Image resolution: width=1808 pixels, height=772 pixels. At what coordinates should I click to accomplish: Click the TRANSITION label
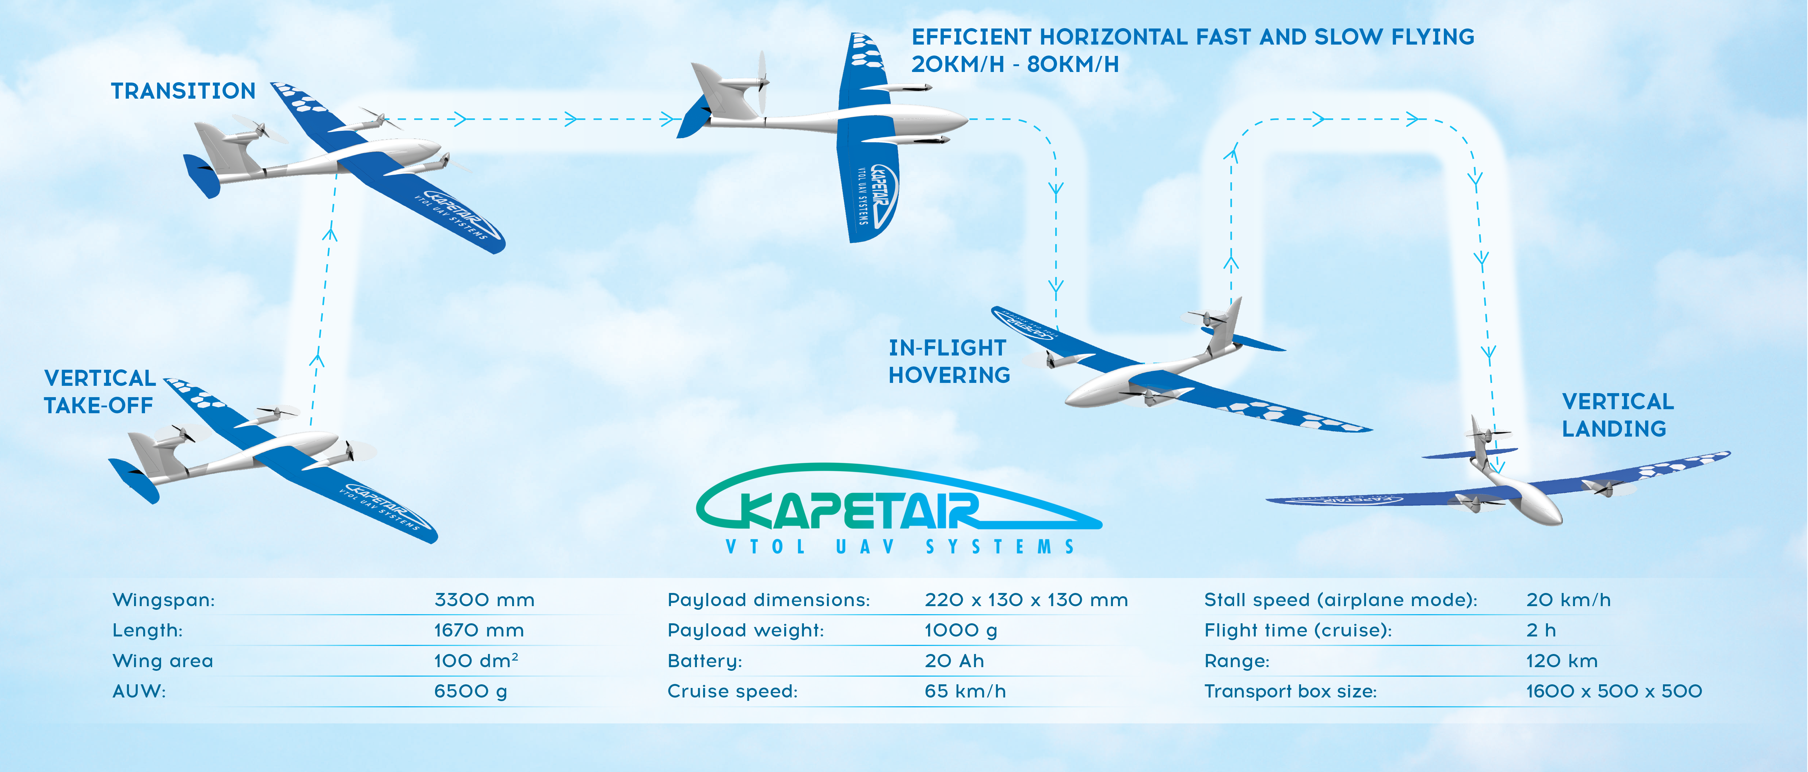pyautogui.click(x=183, y=91)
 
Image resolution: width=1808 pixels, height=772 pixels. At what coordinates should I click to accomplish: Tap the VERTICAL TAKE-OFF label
pyautogui.click(x=100, y=392)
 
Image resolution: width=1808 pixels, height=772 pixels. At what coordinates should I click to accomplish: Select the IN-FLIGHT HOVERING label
pyautogui.click(x=949, y=361)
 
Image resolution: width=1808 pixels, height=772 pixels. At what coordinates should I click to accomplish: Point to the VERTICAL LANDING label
pyautogui.click(x=1618, y=415)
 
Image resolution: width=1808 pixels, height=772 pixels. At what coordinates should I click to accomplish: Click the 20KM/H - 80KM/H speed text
pyautogui.click(x=1015, y=65)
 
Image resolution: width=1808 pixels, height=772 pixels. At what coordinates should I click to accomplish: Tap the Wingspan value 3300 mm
pyautogui.click(x=484, y=600)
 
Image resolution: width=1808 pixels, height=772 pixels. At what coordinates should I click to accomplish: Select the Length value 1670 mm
pyautogui.click(x=479, y=630)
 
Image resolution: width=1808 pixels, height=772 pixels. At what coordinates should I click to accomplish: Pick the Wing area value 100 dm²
pyautogui.click(x=476, y=661)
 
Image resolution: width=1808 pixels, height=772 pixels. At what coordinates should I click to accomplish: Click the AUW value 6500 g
pyautogui.click(x=470, y=691)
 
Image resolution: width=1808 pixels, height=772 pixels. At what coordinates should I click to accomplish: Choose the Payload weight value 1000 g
pyautogui.click(x=961, y=630)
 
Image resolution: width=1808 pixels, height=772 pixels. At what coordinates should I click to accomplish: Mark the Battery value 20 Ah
pyautogui.click(x=954, y=661)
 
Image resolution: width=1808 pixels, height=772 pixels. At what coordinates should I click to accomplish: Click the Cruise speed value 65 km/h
pyautogui.click(x=965, y=691)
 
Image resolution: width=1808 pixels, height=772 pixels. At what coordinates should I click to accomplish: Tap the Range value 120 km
pyautogui.click(x=1562, y=661)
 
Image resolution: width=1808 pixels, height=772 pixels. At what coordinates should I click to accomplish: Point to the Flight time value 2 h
pyautogui.click(x=1541, y=630)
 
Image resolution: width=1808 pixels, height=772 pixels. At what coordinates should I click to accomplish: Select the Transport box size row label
pyautogui.click(x=1290, y=691)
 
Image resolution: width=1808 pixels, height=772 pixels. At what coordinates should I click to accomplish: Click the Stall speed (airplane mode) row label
pyautogui.click(x=1340, y=600)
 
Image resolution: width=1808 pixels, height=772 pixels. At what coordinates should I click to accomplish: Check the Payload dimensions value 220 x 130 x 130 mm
pyautogui.click(x=1026, y=600)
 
